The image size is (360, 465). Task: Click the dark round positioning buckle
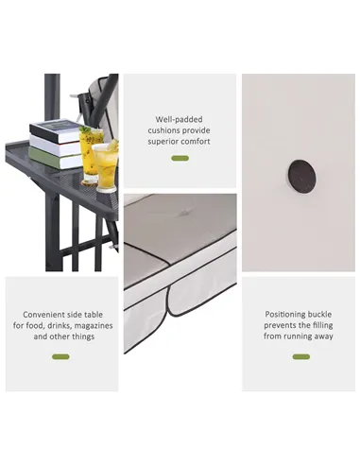pos(302,176)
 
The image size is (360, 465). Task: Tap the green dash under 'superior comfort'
pos(180,158)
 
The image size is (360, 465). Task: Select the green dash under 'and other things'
pos(60,356)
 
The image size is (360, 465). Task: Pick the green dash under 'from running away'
pos(301,356)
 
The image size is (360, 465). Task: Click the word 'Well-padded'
pos(179,119)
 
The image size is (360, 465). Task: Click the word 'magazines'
pos(94,325)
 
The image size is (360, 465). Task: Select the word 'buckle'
pos(319,314)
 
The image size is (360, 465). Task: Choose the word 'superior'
pos(163,142)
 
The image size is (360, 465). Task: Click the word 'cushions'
pos(163,130)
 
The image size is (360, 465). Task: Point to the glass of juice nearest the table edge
pos(106,166)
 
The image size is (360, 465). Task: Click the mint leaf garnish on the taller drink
pos(85,129)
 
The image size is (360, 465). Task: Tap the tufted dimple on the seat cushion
pos(181,214)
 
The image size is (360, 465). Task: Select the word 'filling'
pos(322,325)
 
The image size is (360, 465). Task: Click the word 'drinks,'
pos(60,325)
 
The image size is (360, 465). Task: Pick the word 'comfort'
pos(195,142)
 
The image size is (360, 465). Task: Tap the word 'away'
pos(323,336)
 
